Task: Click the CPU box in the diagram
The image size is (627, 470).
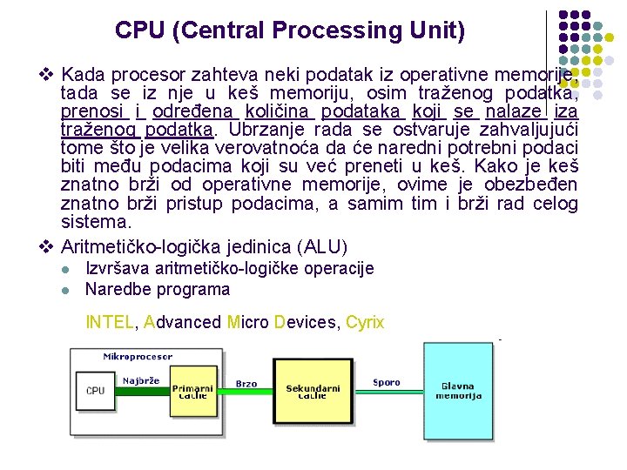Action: pos(95,391)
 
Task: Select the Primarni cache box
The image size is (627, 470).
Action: pos(192,392)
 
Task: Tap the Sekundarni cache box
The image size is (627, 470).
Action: pos(313,392)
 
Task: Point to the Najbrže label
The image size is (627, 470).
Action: pos(140,380)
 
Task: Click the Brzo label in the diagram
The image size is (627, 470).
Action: pos(246,383)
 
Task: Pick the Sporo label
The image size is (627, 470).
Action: pos(386,381)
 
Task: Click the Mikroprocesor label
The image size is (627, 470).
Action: pos(138,356)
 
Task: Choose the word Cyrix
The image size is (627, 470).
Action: pos(364,322)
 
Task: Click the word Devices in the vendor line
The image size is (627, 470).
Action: pos(304,322)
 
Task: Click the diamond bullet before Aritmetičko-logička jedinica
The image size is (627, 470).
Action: pos(47,245)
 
